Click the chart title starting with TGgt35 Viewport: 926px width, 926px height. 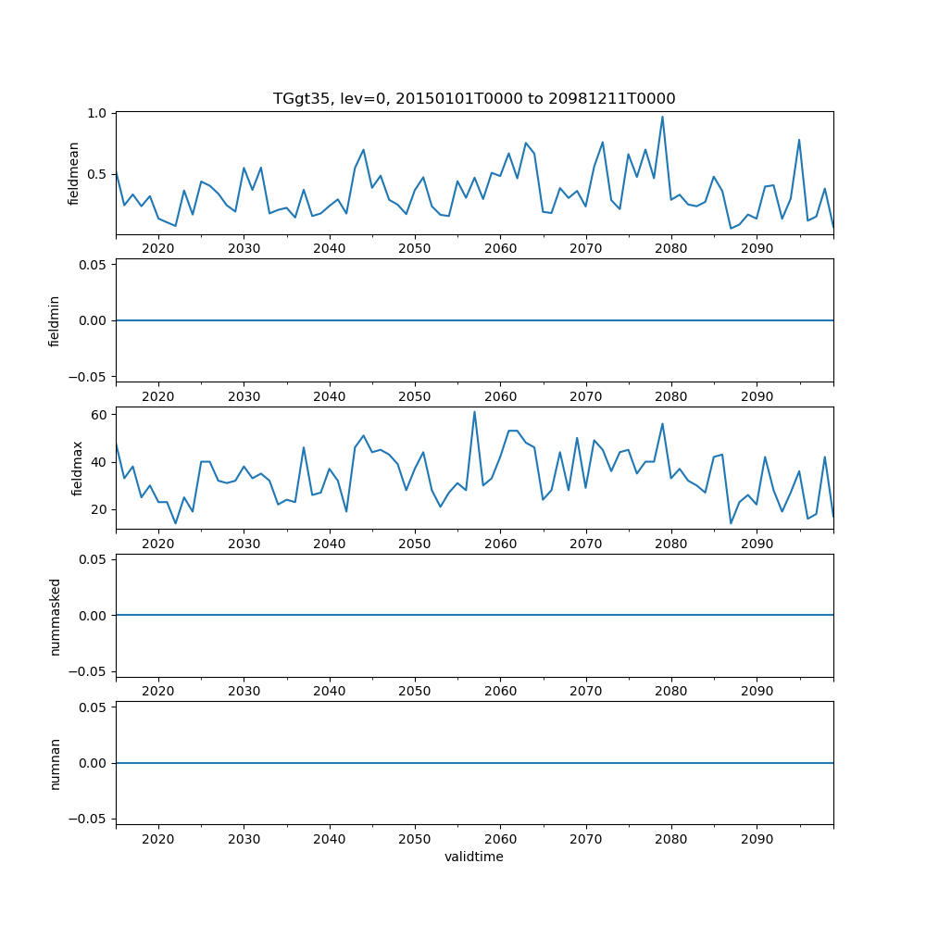point(473,98)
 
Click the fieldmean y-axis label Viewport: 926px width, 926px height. point(73,173)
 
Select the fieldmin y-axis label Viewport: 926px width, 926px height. point(55,320)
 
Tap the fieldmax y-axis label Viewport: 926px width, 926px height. point(79,468)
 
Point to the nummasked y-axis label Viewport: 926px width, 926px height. point(55,615)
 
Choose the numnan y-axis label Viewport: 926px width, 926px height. point(55,763)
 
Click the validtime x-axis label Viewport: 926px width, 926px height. point(473,857)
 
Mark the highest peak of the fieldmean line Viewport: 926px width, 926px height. point(662,117)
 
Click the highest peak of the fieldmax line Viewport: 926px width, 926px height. point(474,412)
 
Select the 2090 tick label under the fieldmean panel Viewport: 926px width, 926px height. point(757,249)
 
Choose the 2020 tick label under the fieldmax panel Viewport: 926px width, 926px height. point(158,544)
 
